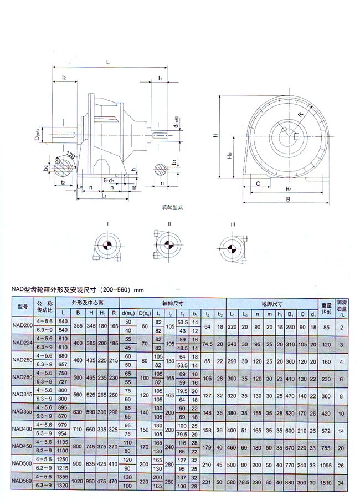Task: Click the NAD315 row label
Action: (22, 396)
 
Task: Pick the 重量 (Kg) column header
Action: (326, 308)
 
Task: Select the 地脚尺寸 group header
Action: (272, 303)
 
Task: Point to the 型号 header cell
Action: (22, 308)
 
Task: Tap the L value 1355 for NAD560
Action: (63, 476)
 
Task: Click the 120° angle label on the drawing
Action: (70, 156)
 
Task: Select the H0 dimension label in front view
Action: (229, 157)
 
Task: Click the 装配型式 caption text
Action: (172, 207)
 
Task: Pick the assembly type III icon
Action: (233, 246)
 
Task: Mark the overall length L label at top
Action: (107, 61)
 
